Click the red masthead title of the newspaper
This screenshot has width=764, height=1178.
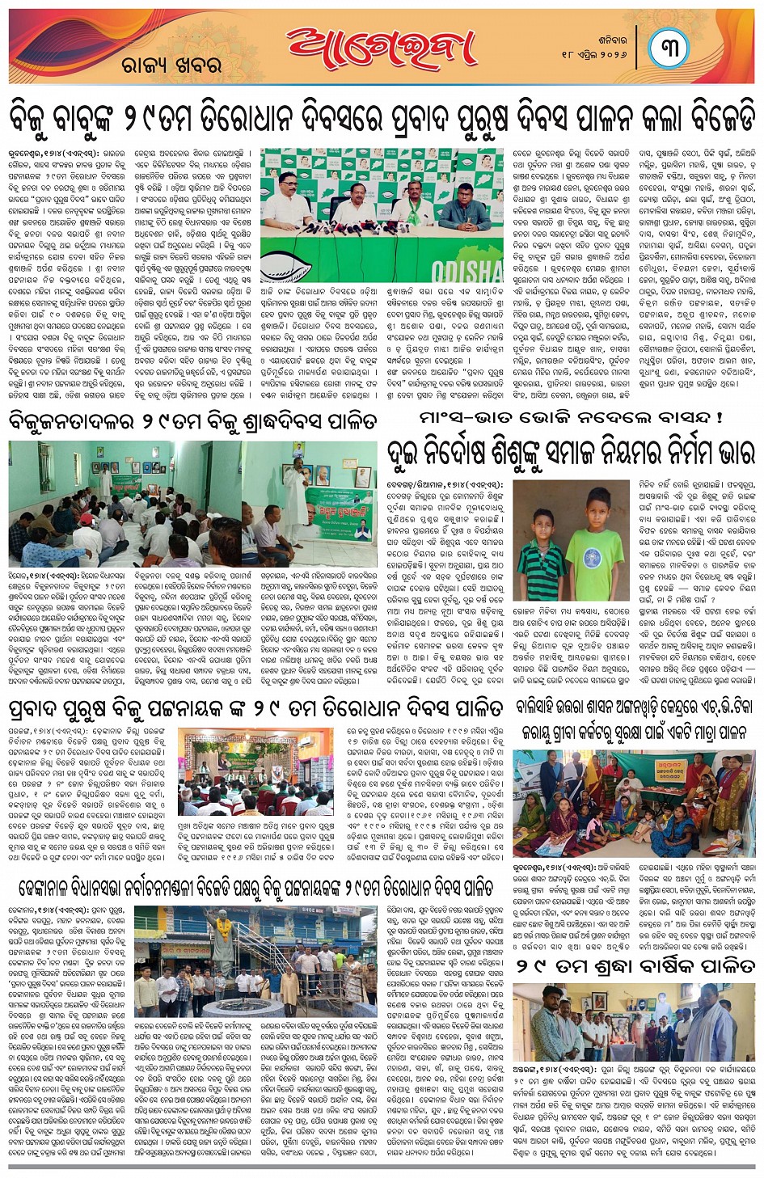pyautogui.click(x=381, y=49)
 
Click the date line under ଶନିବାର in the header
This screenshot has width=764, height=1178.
pyautogui.click(x=594, y=53)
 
